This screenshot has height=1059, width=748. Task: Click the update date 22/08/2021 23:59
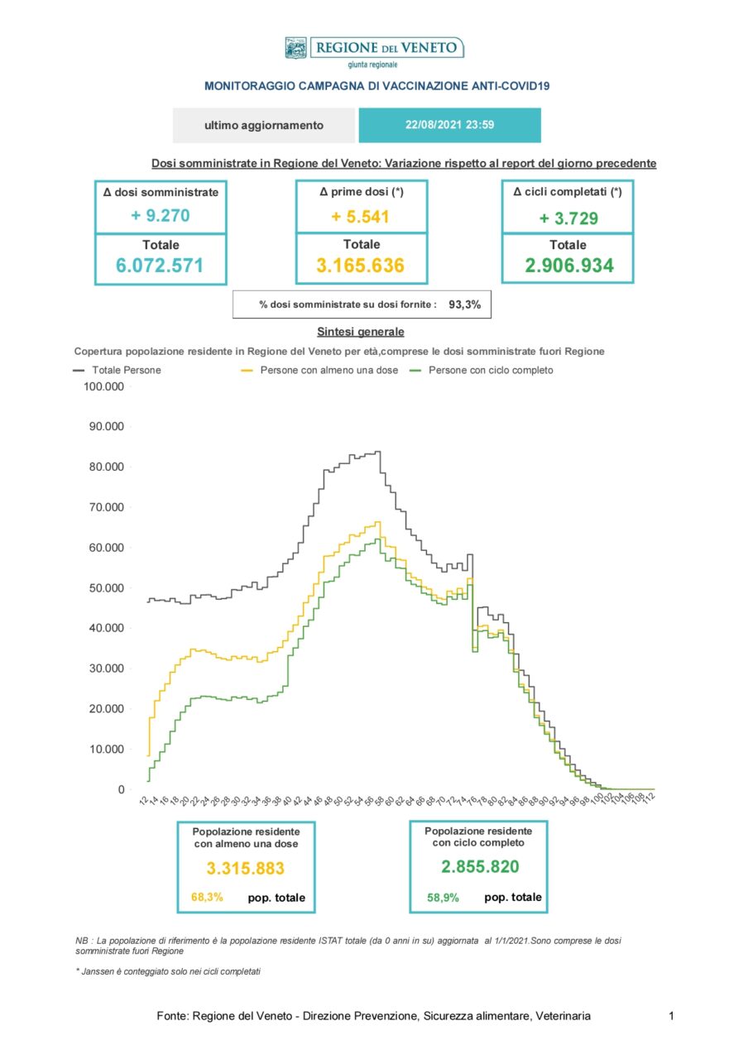(449, 126)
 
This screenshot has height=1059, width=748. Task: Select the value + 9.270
(161, 216)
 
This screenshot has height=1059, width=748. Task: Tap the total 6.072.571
(161, 266)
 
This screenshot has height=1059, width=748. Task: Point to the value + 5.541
(362, 218)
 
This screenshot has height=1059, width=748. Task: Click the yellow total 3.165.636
(362, 266)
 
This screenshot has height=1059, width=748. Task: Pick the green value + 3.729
(567, 218)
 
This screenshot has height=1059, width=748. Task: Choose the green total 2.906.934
(567, 266)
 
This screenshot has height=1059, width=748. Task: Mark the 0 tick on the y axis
(121, 790)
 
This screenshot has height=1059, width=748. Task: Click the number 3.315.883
(246, 869)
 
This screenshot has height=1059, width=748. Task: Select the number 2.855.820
(480, 866)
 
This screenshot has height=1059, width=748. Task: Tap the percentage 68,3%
(207, 897)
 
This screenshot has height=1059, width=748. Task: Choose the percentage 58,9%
(443, 897)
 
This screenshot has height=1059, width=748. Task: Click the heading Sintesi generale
(361, 332)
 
